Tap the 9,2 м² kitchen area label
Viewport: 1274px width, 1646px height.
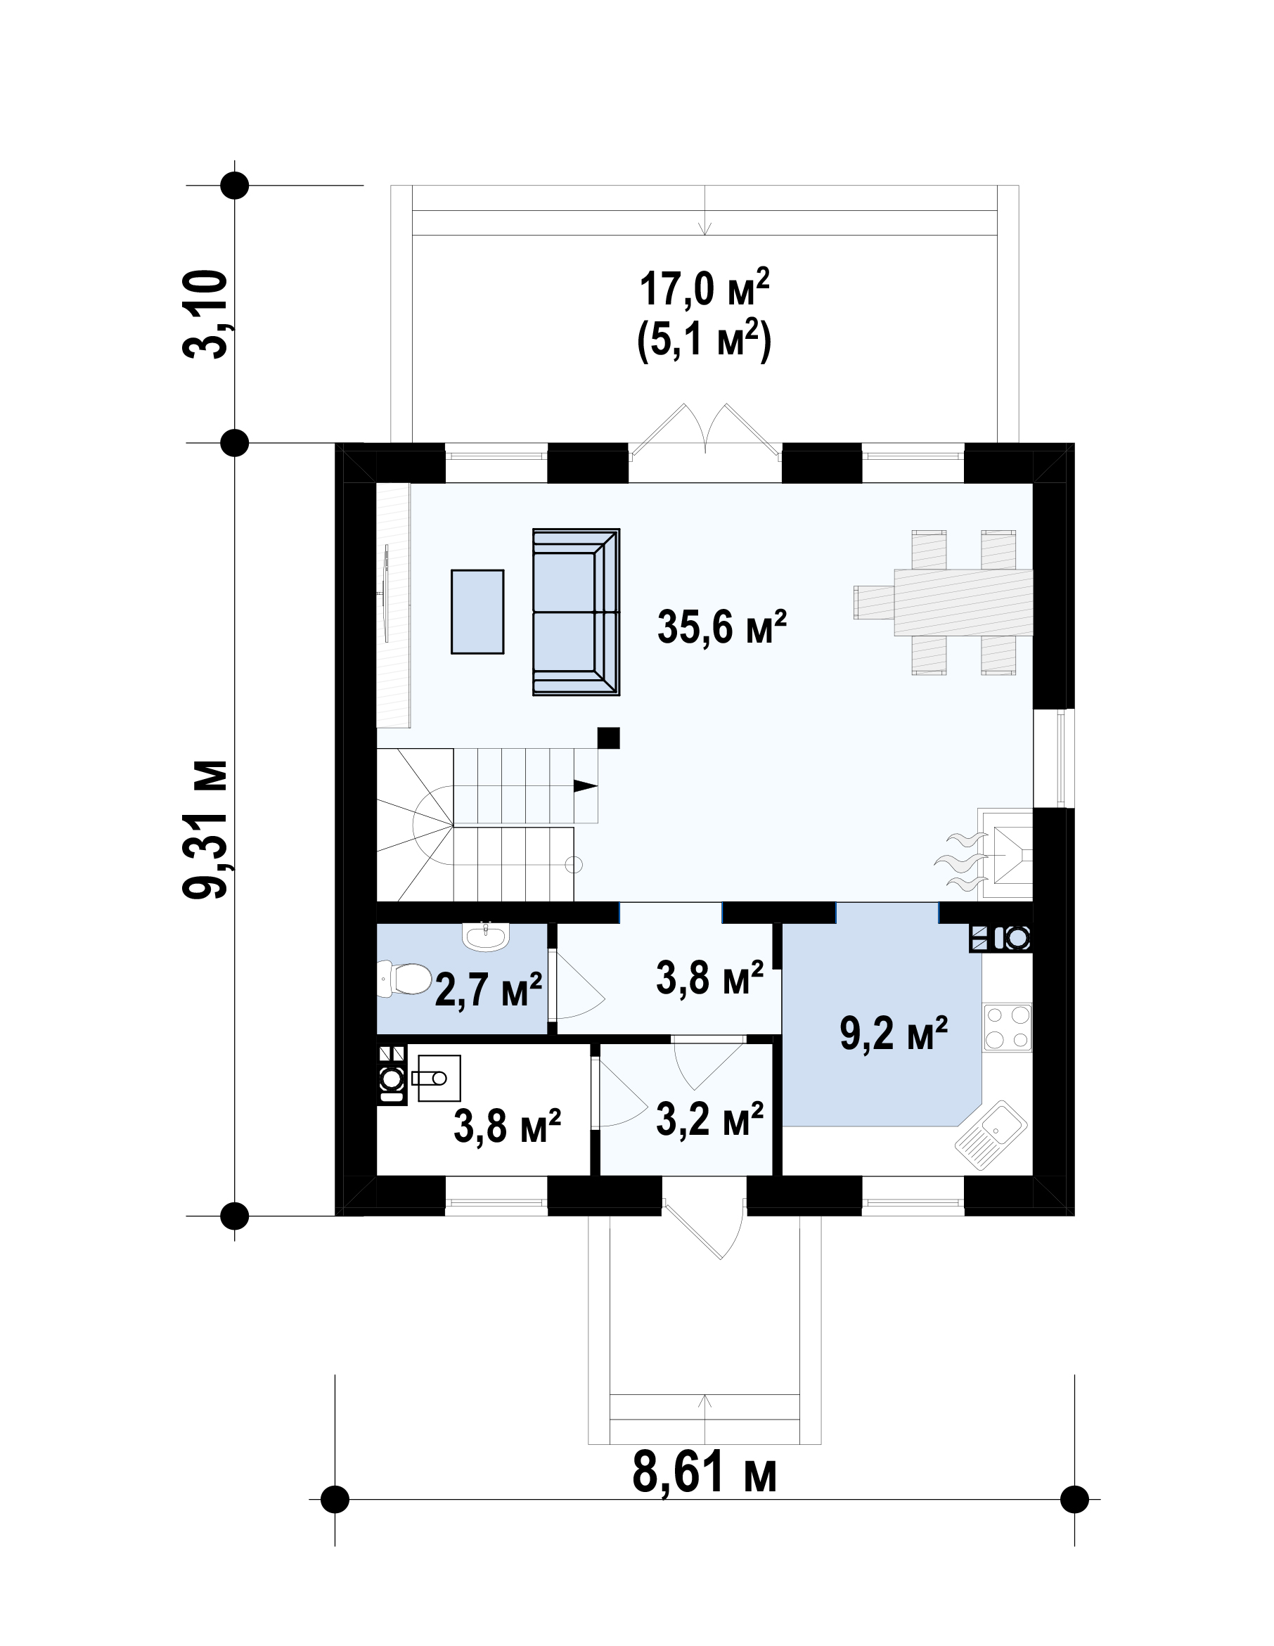(x=894, y=1034)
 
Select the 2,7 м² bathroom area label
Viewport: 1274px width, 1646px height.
(x=489, y=989)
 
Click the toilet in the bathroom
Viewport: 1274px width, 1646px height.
(x=404, y=978)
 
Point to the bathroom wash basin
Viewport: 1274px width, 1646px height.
(x=487, y=937)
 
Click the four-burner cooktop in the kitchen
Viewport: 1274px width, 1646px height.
(x=1007, y=1028)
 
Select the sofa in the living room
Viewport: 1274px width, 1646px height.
(x=576, y=611)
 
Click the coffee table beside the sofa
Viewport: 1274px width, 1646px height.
(x=477, y=611)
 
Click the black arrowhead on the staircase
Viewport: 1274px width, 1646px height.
(x=586, y=786)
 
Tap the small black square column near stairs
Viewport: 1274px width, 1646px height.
(x=608, y=738)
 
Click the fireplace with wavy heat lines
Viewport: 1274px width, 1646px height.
(x=988, y=855)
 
